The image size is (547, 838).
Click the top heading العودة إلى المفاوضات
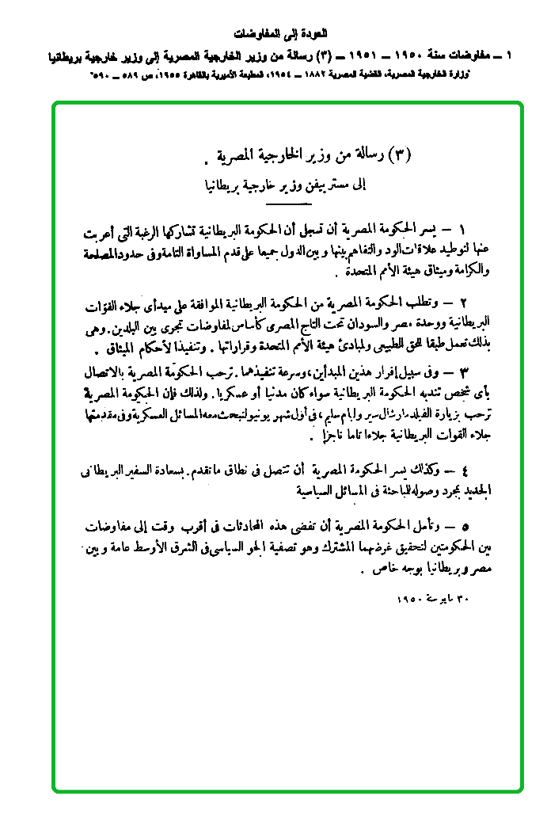click(273, 34)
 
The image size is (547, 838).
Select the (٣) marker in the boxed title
click(403, 154)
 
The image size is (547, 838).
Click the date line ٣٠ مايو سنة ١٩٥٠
click(432, 598)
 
